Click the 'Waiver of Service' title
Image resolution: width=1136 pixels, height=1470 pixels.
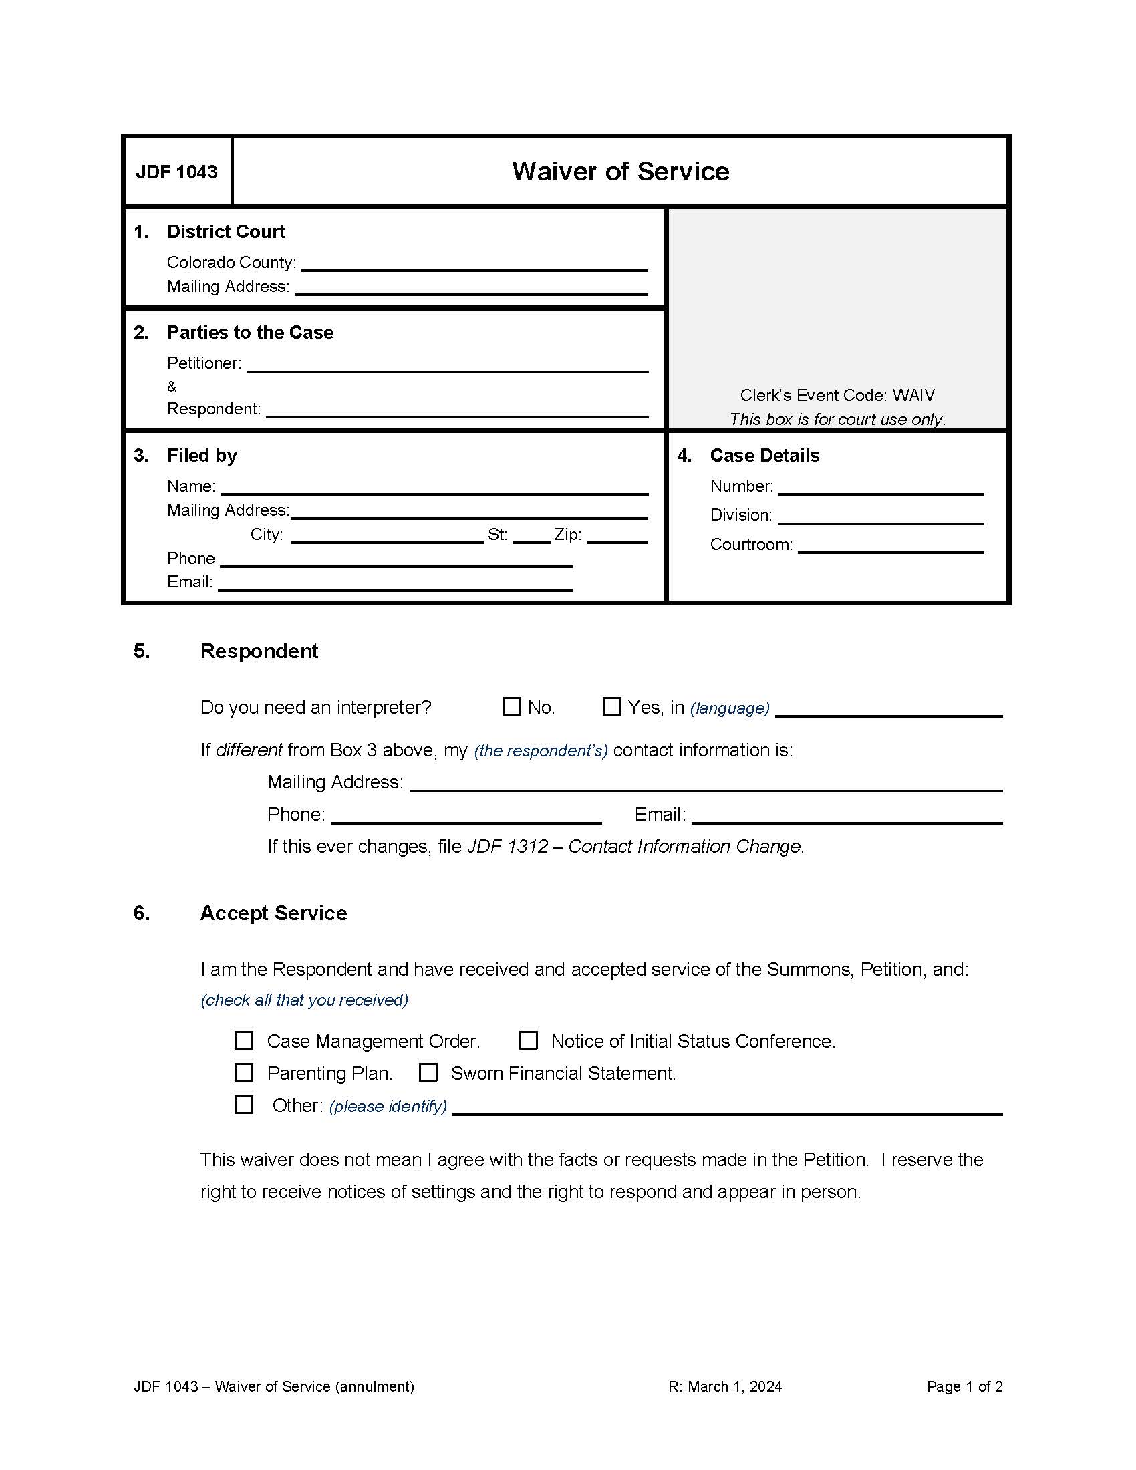click(x=620, y=172)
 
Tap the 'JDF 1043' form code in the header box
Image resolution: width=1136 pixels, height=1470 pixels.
click(x=176, y=172)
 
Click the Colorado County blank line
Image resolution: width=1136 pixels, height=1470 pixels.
click(x=474, y=264)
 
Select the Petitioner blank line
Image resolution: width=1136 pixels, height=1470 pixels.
click(x=447, y=365)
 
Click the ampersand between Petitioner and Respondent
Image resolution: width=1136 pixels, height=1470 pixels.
click(x=172, y=386)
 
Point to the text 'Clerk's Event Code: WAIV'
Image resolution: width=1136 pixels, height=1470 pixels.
click(x=837, y=395)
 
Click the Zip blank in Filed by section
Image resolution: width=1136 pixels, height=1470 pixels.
click(x=617, y=536)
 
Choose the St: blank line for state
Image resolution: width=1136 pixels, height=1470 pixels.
click(x=531, y=536)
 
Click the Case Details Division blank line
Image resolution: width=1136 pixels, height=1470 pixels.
click(x=880, y=517)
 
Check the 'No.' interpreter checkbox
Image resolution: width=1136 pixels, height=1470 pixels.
click(x=511, y=706)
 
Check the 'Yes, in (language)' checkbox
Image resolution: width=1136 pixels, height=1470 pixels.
click(x=611, y=706)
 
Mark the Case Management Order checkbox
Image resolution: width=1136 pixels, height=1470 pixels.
click(x=244, y=1040)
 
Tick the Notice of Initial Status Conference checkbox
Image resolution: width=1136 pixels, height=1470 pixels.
click(x=529, y=1040)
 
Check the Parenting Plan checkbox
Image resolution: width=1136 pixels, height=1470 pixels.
click(x=244, y=1072)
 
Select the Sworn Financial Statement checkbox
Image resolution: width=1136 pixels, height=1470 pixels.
click(x=428, y=1072)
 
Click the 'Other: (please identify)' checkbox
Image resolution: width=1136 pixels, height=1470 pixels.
click(x=244, y=1105)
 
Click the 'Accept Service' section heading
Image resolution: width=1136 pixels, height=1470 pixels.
click(x=273, y=913)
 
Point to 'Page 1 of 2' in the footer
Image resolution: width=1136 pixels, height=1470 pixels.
click(x=964, y=1386)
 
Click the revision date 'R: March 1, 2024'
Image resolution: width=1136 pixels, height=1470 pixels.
click(x=725, y=1386)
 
